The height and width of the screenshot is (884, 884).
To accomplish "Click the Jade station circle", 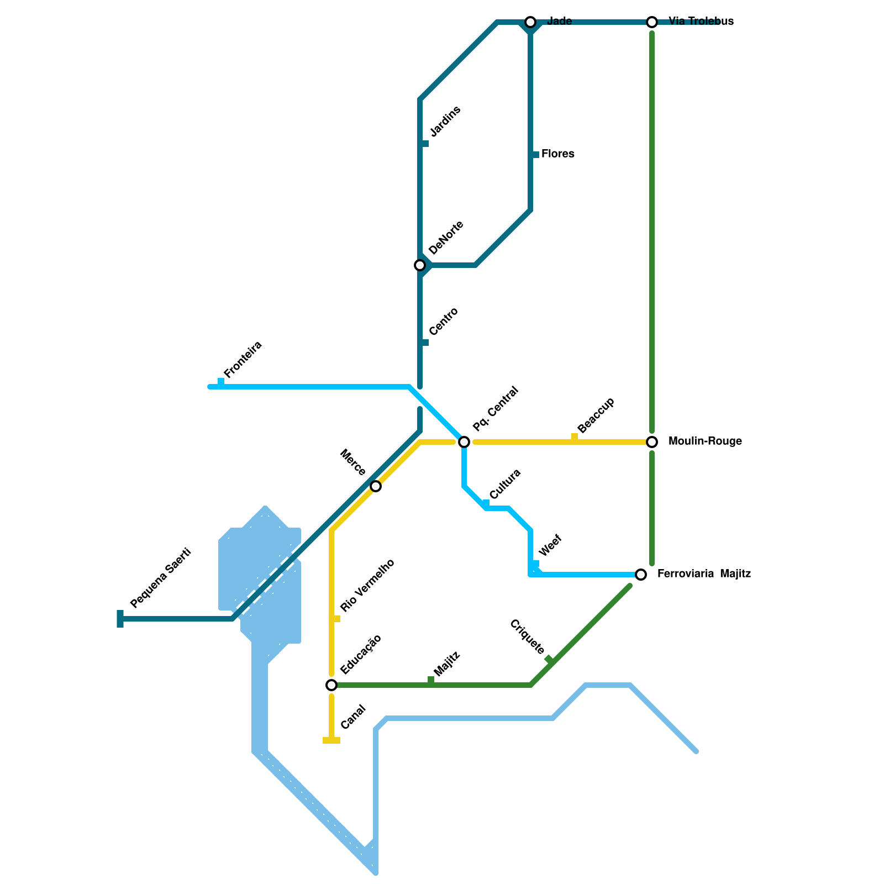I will point(530,22).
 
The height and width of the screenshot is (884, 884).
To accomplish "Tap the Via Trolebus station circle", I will point(652,22).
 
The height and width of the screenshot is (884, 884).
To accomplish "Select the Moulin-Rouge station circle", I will point(652,442).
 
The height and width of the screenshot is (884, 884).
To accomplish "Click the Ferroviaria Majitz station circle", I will point(641,575).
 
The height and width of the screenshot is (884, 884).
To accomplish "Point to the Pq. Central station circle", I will point(464,442).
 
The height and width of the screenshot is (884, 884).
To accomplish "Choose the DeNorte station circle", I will point(420,265).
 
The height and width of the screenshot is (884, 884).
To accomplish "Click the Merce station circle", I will point(376,486).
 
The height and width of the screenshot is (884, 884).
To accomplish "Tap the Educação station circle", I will point(331,685).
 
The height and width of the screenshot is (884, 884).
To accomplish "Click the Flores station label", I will point(557,154).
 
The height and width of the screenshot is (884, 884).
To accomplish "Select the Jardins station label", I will point(445,122).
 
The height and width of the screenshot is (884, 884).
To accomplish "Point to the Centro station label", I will point(444,322).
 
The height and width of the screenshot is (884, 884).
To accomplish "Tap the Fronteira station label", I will point(243,360).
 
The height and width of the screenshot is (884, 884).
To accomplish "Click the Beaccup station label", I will point(596,415).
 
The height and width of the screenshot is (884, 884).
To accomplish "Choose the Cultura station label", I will point(505,484).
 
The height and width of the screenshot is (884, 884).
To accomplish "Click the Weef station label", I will point(550,545).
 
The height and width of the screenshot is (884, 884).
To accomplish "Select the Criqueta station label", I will point(527,637).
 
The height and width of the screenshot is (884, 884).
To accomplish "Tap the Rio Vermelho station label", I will point(367,586).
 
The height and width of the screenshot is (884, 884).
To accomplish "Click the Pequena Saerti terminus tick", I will point(120,619).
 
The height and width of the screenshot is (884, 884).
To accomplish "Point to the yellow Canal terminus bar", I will point(331,740).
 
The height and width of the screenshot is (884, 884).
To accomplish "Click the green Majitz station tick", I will point(431,681).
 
